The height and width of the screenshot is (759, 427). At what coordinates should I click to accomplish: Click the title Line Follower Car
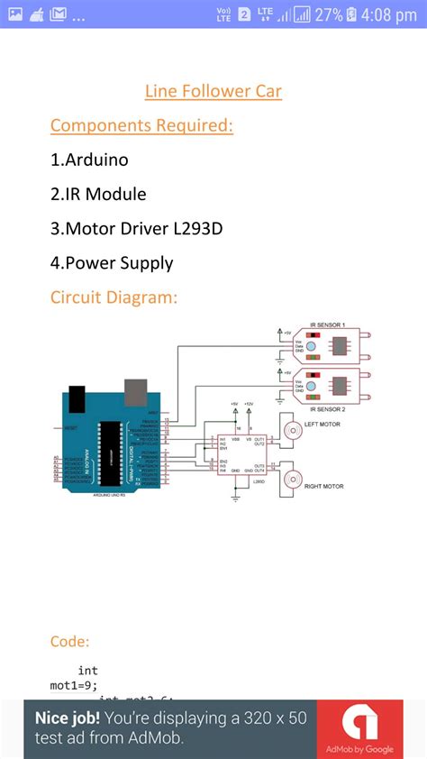213,91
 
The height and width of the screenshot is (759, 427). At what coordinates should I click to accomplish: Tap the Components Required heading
141,125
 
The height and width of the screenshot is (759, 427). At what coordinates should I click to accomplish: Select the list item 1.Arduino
89,160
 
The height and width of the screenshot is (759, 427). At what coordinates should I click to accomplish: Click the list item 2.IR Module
98,194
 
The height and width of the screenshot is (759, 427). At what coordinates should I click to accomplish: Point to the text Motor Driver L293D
144,228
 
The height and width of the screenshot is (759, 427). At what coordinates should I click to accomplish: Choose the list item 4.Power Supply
112,262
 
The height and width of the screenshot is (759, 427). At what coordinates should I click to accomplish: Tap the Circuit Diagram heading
114,297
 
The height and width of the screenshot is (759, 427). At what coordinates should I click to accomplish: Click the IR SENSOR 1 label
327,325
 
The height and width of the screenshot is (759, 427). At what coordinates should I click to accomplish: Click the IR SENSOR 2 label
327,408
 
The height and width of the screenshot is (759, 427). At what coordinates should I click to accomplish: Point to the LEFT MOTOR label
323,424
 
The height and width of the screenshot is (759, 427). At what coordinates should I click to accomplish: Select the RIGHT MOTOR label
324,486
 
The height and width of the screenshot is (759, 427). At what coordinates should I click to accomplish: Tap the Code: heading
69,641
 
